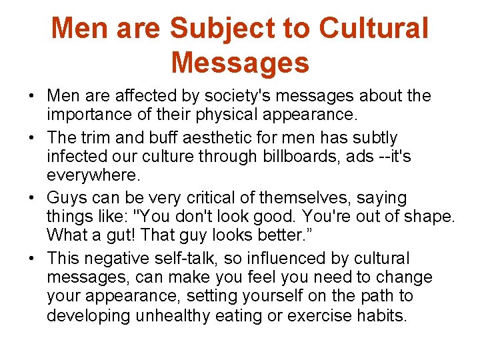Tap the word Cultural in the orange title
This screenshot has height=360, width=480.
pos(373,29)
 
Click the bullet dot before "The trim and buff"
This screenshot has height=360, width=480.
pos(31,139)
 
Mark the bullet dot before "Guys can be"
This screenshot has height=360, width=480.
pos(31,199)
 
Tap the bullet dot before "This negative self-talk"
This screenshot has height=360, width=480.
pos(31,259)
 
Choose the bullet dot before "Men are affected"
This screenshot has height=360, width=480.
pos(31,97)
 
